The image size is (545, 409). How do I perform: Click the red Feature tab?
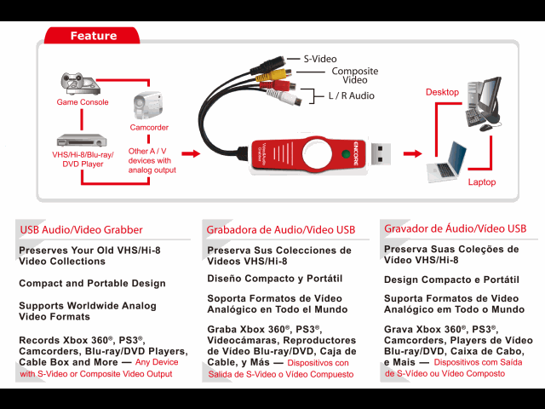pyautogui.click(x=94, y=36)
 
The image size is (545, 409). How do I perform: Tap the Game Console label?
pyautogui.click(x=83, y=102)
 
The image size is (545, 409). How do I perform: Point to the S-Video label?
pyautogui.click(x=320, y=59)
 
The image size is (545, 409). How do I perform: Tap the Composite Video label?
pyautogui.click(x=354, y=75)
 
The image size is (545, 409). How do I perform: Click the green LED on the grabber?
pyautogui.click(x=346, y=155)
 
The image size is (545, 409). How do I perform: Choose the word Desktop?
pyautogui.click(x=443, y=92)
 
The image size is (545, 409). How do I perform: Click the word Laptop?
pyautogui.click(x=481, y=182)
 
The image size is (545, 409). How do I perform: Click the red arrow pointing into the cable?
pyautogui.click(x=191, y=154)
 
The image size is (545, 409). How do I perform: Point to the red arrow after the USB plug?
pyautogui.click(x=412, y=154)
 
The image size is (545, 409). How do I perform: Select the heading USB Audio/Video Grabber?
pyautogui.click(x=81, y=229)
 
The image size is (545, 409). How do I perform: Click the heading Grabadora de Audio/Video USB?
pyautogui.click(x=280, y=230)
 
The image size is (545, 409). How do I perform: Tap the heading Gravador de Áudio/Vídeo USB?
pyautogui.click(x=455, y=228)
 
